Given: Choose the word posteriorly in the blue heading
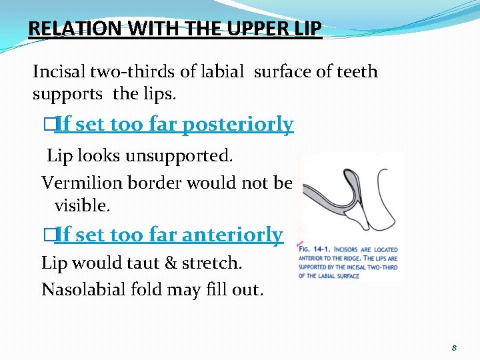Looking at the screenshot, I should point(238,125).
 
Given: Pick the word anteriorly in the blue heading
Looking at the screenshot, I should point(232,235).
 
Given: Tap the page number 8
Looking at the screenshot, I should point(454,348).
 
